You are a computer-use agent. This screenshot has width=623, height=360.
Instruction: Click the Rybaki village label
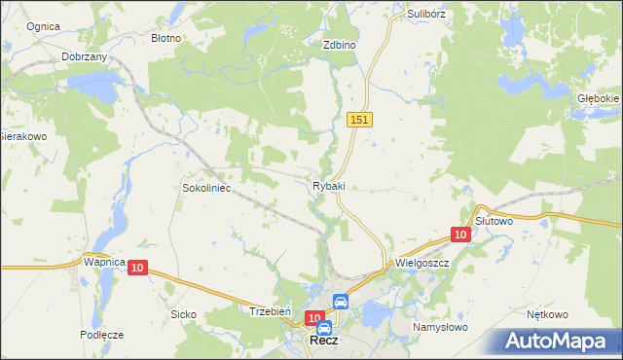(329, 186)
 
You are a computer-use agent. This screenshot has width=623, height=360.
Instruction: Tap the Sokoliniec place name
(206, 188)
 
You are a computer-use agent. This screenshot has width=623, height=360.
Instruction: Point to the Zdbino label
(340, 45)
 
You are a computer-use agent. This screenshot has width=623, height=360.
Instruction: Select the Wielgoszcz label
(421, 263)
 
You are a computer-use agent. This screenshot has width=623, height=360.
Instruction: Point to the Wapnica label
(104, 263)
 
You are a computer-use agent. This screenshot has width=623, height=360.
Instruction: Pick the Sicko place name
(183, 314)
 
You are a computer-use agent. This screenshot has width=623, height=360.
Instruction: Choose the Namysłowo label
(440, 327)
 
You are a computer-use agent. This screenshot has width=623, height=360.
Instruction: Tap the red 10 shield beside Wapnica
(136, 268)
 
